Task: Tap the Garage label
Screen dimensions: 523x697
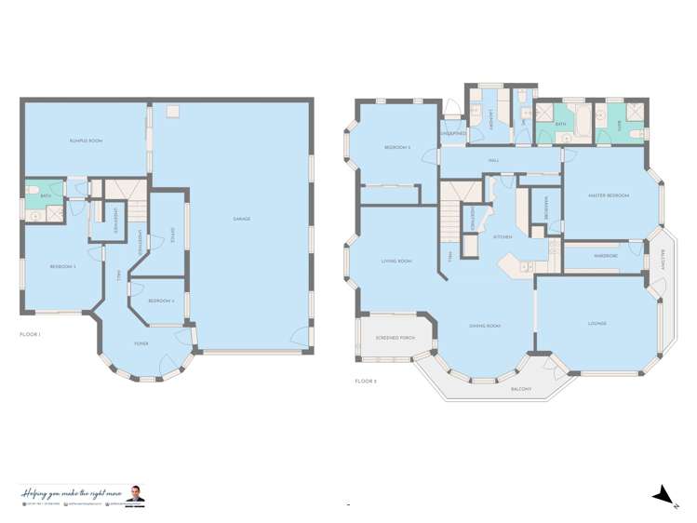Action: [241, 219]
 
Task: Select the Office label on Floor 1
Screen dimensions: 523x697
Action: [172, 235]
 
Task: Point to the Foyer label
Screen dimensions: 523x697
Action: [141, 343]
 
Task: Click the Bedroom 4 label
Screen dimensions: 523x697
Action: [159, 301]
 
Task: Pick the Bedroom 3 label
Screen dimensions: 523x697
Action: [62, 267]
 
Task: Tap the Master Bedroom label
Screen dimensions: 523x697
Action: [609, 195]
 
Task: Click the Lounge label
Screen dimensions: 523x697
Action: [596, 323]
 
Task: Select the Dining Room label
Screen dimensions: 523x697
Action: [485, 326]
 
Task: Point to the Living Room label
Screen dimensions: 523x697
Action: [396, 261]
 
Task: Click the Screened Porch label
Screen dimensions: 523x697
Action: [394, 337]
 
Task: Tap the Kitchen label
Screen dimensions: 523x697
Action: [503, 237]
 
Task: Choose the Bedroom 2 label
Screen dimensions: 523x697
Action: [397, 148]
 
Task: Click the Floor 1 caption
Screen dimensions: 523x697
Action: [30, 333]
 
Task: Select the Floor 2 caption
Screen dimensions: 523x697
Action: [366, 381]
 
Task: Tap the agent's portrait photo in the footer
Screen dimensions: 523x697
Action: [138, 493]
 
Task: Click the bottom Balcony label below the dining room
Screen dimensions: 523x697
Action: [521, 389]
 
